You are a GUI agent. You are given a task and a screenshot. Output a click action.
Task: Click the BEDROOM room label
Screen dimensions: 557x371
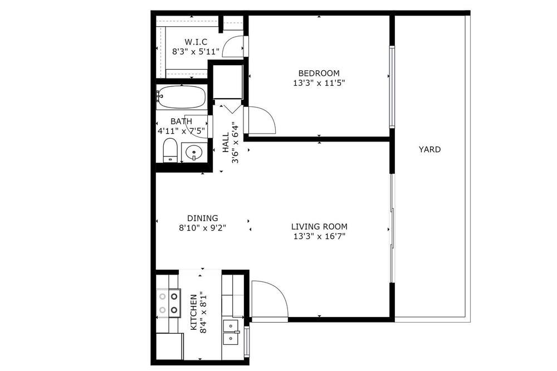point(319,73)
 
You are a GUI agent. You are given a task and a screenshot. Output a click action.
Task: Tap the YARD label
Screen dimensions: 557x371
point(429,149)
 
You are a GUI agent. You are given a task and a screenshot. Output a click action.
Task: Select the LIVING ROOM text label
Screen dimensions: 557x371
point(319,226)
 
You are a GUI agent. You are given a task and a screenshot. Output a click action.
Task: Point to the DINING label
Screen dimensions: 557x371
point(203,218)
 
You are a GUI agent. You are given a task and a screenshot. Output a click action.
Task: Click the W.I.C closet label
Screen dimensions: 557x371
point(196,42)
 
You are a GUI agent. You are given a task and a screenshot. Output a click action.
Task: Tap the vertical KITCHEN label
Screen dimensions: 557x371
point(194,312)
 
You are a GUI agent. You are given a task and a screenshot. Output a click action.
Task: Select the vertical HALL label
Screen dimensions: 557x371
point(226,143)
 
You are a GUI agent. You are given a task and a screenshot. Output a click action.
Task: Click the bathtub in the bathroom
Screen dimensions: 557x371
point(182,97)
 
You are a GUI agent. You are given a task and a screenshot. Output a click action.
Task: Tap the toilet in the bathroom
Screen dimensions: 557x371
point(170,150)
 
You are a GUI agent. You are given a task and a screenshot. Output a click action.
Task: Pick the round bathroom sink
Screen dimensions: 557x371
point(194,153)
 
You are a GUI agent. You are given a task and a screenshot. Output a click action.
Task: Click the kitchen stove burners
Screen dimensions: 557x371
point(168,303)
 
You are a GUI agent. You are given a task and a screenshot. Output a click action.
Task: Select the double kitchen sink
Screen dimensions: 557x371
point(231,332)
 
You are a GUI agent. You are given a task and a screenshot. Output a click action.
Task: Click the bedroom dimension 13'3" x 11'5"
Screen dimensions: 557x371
point(319,83)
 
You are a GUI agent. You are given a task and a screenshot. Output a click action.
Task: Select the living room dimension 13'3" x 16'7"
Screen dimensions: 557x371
point(319,236)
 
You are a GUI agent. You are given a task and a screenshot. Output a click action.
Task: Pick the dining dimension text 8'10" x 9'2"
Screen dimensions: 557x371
point(203,228)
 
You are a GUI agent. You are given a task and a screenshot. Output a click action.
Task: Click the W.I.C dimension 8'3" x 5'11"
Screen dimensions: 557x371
point(196,51)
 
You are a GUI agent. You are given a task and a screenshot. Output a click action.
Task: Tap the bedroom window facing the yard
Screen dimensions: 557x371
point(392,87)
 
